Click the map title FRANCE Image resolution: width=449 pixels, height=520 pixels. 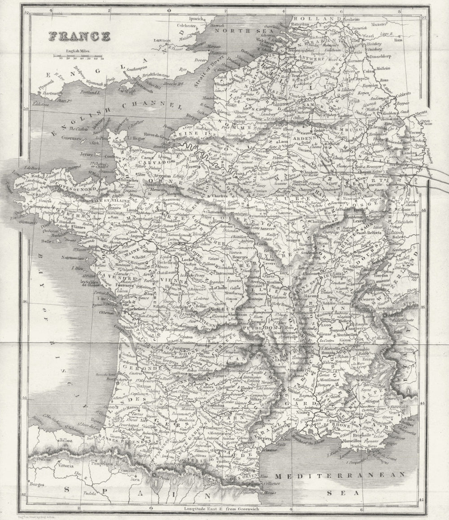tap(79, 36)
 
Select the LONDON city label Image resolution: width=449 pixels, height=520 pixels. tap(163, 40)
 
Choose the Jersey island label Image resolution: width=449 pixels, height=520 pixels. tap(86, 154)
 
